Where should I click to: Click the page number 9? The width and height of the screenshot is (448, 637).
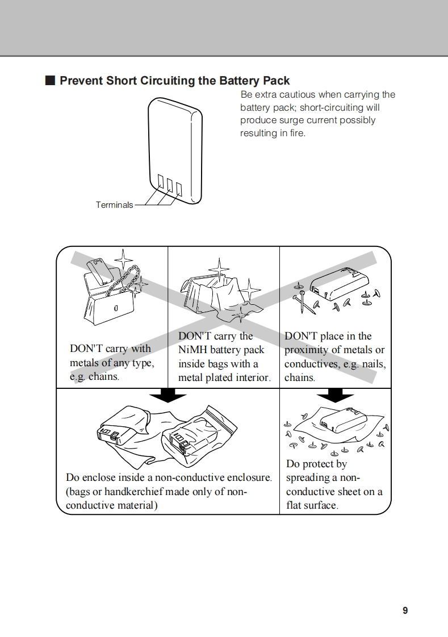coord(405,610)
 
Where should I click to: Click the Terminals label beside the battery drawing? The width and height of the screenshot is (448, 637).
coord(114,205)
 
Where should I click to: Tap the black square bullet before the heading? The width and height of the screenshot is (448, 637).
coord(50,81)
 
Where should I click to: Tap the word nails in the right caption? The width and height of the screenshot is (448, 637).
coord(373,364)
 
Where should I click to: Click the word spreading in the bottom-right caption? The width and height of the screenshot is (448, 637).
coord(309,478)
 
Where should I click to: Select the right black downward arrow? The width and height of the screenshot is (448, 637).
coord(335,395)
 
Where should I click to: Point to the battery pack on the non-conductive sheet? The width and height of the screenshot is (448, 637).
coord(340,422)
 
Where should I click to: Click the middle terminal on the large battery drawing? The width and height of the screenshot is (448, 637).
coord(169,184)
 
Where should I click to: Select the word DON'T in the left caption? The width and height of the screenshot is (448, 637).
coord(85,349)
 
